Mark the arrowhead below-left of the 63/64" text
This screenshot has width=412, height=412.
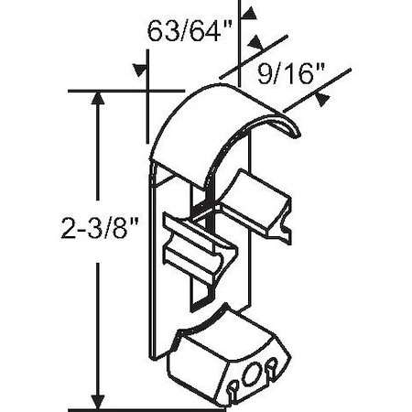click(x=140, y=70)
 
